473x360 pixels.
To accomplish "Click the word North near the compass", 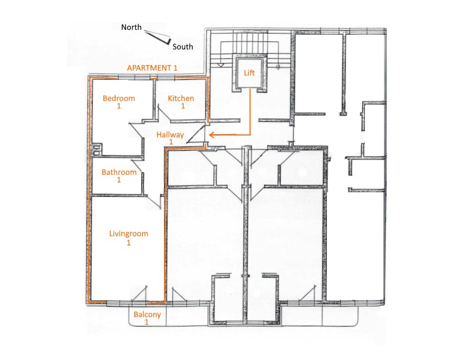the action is pyautogui.click(x=131, y=27).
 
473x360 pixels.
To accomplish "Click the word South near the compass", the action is pyautogui.click(x=183, y=47).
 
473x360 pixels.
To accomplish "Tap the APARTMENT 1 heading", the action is pyautogui.click(x=152, y=68).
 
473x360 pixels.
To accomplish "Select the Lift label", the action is pyautogui.click(x=249, y=73).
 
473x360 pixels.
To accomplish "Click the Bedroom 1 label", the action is pyautogui.click(x=119, y=102).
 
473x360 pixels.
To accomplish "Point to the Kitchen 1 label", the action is pyautogui.click(x=181, y=102).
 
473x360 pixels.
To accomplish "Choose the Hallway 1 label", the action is pyautogui.click(x=170, y=138).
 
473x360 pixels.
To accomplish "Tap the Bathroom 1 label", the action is pyautogui.click(x=119, y=176).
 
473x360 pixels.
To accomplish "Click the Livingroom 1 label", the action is pyautogui.click(x=129, y=238).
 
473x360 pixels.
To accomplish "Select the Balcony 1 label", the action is pyautogui.click(x=147, y=318).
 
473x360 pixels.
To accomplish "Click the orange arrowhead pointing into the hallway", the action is pyautogui.click(x=212, y=135).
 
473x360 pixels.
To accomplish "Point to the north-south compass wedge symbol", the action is pyautogui.click(x=158, y=37).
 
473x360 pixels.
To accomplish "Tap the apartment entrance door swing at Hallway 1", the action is pyautogui.click(x=196, y=134).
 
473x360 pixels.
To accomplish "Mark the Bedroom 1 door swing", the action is pyautogui.click(x=136, y=130).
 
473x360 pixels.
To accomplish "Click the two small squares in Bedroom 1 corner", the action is pyautogui.click(x=97, y=150).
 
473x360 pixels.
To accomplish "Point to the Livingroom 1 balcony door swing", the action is pyautogui.click(x=140, y=293).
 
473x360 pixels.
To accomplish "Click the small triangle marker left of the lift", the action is pyautogui.click(x=220, y=65).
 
